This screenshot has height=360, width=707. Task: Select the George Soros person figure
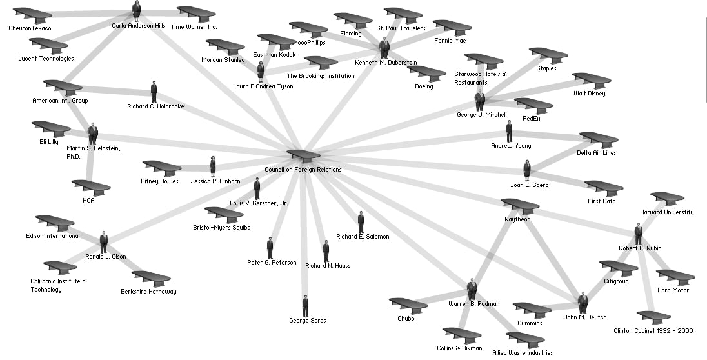point(305,306)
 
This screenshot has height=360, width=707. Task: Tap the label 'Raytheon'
point(517,219)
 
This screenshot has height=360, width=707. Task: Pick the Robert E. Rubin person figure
point(638,234)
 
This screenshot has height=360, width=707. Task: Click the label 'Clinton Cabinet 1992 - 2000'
point(653,331)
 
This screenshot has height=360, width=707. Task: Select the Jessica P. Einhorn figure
point(213,166)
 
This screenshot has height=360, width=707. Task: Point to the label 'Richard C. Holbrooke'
point(155,106)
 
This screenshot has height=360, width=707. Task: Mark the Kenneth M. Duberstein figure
point(384,48)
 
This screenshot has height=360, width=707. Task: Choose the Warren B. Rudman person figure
point(472,289)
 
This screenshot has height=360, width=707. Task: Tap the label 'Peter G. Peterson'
point(272,263)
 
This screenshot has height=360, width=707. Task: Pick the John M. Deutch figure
point(583,303)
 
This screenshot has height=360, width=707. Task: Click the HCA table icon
point(91,188)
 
